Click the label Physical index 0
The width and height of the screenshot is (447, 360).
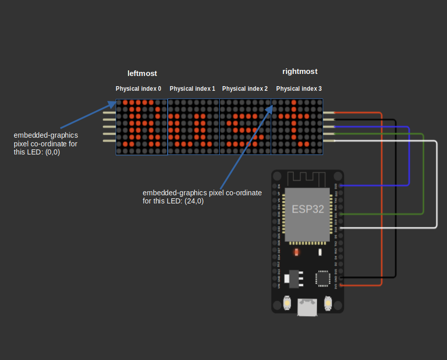point(138,89)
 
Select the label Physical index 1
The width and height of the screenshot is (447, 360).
point(192,89)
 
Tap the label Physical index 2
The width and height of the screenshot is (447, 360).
point(245,89)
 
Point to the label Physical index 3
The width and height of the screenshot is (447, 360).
point(299,89)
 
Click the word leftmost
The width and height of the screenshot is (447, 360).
point(142,73)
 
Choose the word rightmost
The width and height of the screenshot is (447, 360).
point(300,72)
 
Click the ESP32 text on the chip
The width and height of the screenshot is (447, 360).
point(307,209)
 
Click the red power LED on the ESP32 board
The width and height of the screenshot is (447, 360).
point(296,252)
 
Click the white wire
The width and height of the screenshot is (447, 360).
point(437,184)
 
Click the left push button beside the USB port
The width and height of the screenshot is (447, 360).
point(287,304)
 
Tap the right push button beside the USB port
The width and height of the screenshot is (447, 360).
point(327,304)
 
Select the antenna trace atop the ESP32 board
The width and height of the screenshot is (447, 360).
point(307,179)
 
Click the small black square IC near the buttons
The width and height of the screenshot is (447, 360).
point(323,278)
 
